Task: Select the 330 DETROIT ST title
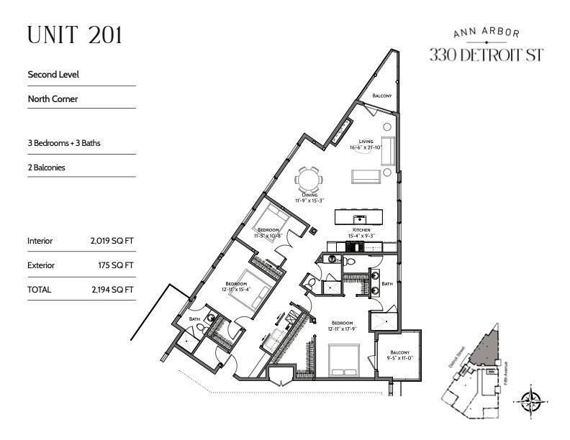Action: point(486,55)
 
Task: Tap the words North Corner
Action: point(53,99)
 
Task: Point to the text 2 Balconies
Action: point(52,168)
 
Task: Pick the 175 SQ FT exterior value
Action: point(113,265)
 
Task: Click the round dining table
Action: point(310,178)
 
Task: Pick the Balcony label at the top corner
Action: point(381,96)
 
